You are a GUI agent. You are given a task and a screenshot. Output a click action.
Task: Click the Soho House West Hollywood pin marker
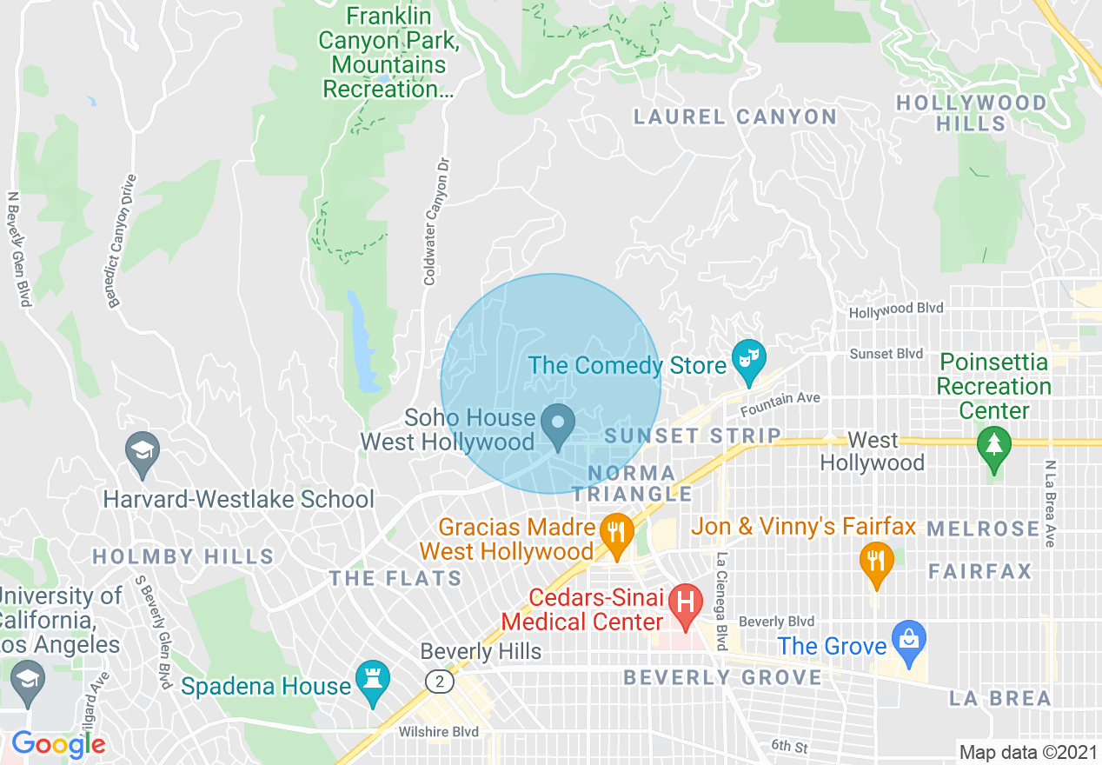click(558, 425)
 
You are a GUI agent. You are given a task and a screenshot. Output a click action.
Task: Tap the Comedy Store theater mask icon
click(747, 359)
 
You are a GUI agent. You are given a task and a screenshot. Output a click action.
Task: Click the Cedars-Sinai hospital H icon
click(687, 602)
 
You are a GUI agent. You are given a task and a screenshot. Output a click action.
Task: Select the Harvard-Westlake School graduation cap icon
click(142, 451)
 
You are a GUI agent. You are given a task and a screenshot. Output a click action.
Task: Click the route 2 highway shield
click(441, 682)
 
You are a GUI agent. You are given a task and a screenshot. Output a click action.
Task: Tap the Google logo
click(58, 745)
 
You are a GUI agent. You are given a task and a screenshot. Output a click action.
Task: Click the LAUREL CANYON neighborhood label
click(735, 116)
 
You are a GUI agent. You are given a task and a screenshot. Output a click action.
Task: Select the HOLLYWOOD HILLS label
click(972, 113)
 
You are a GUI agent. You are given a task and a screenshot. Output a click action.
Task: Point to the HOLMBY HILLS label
click(183, 556)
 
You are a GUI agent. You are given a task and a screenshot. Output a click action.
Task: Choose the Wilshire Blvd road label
click(438, 732)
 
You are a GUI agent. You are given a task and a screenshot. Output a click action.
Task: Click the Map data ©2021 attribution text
click(1026, 751)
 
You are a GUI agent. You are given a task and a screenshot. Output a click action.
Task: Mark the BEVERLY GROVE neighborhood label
click(723, 677)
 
